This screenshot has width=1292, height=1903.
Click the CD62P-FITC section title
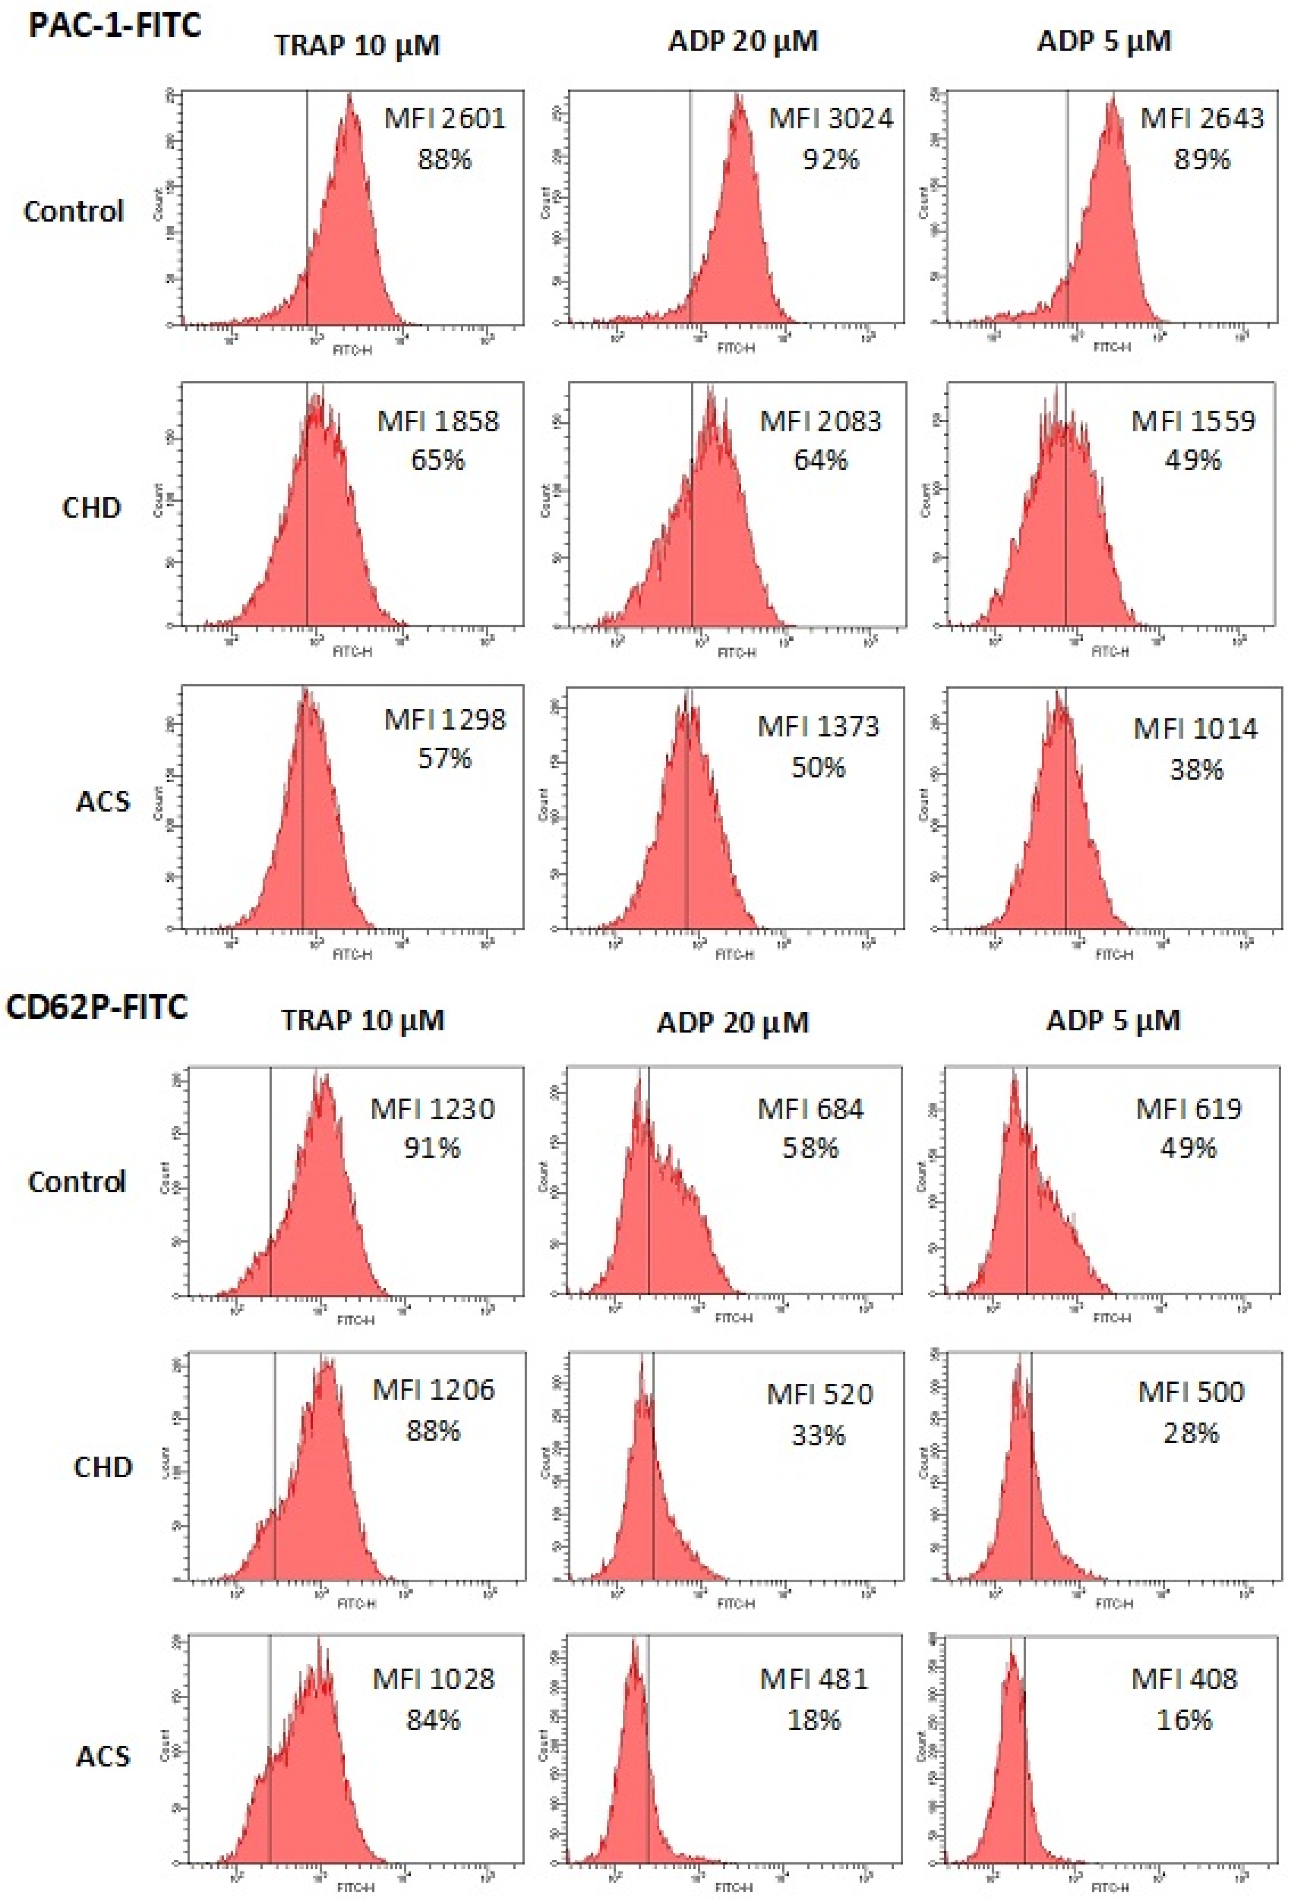point(97,1006)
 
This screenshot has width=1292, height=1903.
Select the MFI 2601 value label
point(445,119)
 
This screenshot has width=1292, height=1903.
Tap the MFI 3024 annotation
point(830,119)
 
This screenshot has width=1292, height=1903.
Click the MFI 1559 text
point(1193,421)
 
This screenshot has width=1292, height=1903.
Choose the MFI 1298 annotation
point(445,720)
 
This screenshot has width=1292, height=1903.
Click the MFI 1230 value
point(432,1109)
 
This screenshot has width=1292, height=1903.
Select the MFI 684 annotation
point(810,1109)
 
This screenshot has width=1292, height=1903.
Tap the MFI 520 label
point(820,1394)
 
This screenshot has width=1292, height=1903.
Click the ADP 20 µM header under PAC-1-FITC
point(743,41)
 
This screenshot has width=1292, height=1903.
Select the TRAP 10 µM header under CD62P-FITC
point(363,1020)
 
